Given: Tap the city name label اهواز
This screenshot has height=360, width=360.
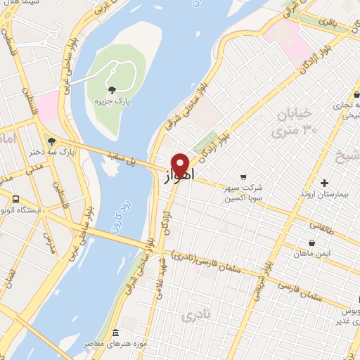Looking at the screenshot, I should pyautogui.click(x=180, y=176).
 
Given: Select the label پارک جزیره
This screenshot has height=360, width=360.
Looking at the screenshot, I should pyautogui.click(x=113, y=101).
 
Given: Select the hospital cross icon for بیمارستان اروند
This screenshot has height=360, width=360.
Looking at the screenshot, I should pyautogui.click(x=324, y=182).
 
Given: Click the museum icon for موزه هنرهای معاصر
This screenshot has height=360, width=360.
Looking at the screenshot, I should pyautogui.click(x=116, y=332).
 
